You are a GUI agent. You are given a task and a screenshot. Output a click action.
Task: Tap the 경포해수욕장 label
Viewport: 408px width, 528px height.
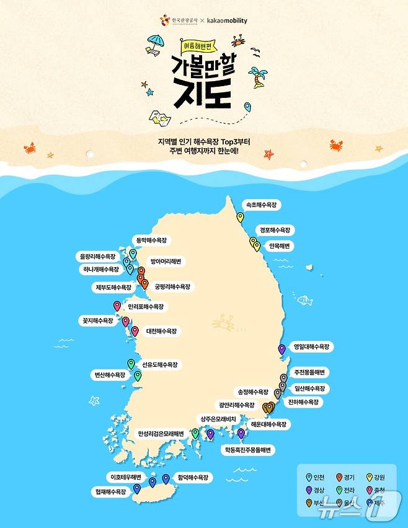point(275,230)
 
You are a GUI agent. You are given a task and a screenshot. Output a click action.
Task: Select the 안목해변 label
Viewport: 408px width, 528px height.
point(278,246)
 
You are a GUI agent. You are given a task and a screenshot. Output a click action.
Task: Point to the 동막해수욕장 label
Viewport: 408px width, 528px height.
point(151,240)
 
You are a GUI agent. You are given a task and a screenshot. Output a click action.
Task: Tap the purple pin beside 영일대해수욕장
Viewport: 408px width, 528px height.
point(282,349)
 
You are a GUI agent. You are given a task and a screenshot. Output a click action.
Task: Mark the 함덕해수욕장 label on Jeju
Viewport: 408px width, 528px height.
point(192,478)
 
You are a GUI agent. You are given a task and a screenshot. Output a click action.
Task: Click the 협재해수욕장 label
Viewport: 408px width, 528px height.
point(111,491)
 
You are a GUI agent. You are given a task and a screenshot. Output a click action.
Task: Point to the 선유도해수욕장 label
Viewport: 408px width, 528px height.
point(159,365)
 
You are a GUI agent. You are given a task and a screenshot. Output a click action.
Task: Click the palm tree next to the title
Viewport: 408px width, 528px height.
point(257,78)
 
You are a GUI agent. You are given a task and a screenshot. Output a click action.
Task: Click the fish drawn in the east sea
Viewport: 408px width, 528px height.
point(304,301)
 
